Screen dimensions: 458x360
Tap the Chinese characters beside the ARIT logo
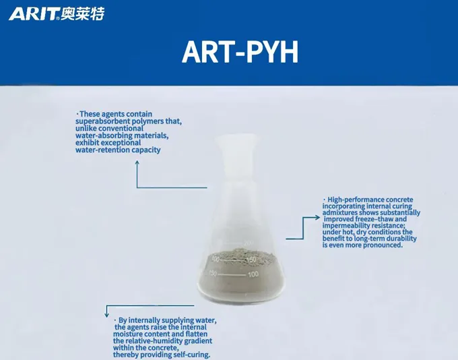pos(83,13)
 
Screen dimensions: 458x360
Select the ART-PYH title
pos(240,52)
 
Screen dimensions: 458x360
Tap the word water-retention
pos(102,150)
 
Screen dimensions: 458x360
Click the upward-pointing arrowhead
pos(137,162)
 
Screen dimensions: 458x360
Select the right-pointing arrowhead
pos(317,217)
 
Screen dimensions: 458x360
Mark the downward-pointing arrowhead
pos(106,315)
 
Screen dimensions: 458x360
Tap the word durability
pos(401,239)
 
